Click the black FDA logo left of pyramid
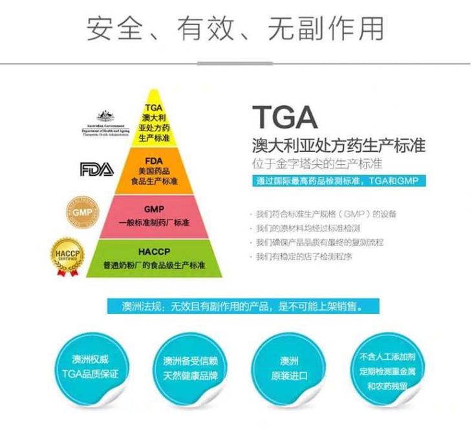(96, 169)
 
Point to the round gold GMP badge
(82, 212)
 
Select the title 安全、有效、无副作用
(235, 28)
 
